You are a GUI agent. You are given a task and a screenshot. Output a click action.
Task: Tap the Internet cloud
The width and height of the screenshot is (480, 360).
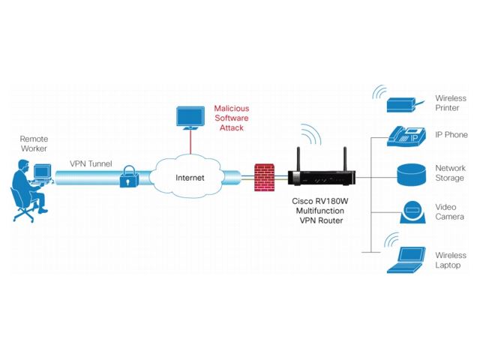[x=190, y=177]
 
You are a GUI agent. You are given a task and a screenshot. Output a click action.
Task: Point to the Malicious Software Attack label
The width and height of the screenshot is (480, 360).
[x=232, y=118]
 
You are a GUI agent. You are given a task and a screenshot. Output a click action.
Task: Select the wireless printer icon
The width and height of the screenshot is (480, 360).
[x=404, y=102]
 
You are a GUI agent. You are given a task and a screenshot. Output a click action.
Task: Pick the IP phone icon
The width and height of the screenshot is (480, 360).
[x=405, y=136]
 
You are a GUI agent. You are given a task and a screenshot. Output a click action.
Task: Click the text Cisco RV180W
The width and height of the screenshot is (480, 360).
[x=320, y=203]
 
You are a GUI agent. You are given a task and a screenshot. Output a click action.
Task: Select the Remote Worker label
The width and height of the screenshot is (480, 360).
[x=33, y=144]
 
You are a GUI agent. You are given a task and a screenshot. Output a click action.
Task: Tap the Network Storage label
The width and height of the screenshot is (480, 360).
[x=450, y=173]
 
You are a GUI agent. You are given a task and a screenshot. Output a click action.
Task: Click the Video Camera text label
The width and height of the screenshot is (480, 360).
[x=450, y=212]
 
